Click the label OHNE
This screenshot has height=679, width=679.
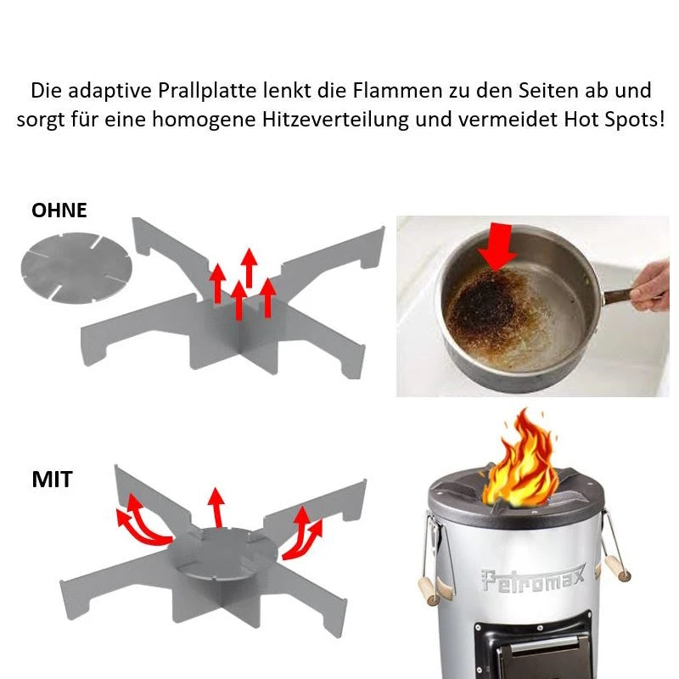pyautogui.click(x=59, y=210)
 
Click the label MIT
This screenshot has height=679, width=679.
pyautogui.click(x=52, y=480)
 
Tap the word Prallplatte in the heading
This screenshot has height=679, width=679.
pyautogui.click(x=207, y=91)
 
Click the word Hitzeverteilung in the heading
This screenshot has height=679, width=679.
pyautogui.click(x=335, y=120)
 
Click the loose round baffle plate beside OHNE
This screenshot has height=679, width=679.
pyautogui.click(x=76, y=267)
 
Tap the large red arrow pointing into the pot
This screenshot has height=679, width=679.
pyautogui.click(x=498, y=246)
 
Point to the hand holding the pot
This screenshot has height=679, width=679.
pyautogui.click(x=649, y=286)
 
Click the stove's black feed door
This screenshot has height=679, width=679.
pyautogui.click(x=533, y=649)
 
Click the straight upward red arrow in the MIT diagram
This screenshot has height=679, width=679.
pyautogui.click(x=216, y=508)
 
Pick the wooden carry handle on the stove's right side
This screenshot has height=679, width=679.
pyautogui.click(x=618, y=568)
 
